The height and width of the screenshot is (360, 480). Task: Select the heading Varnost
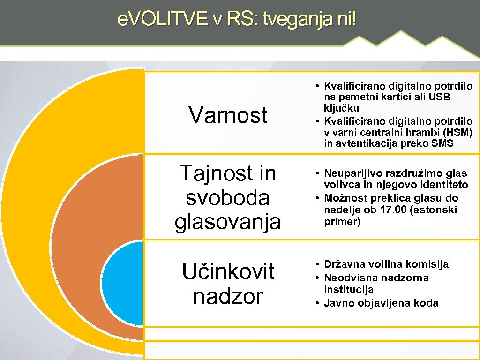228,115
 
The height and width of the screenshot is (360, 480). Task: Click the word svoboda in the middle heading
228,198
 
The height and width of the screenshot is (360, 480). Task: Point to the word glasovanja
228,222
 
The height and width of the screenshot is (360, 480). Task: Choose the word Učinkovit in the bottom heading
228,271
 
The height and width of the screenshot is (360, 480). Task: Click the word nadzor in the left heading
228,296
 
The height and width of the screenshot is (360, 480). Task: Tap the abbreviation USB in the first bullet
440,97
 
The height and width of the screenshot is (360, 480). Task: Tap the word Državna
344,264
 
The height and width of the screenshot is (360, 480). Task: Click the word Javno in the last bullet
339,303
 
